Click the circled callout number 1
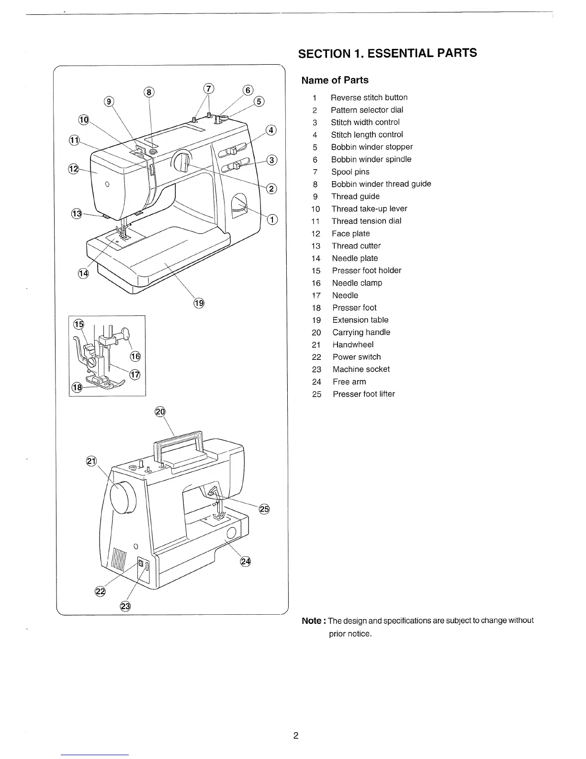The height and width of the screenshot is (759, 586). click(272, 220)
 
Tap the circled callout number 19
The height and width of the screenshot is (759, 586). click(199, 303)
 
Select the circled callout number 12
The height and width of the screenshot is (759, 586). click(73, 169)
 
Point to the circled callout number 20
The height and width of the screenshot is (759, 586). click(160, 412)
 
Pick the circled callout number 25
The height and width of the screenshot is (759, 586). click(264, 509)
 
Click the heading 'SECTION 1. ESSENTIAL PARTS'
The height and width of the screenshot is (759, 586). click(387, 53)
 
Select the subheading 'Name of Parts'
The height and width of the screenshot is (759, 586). click(335, 80)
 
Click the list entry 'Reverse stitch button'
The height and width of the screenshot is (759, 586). click(369, 98)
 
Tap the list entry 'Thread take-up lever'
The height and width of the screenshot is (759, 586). click(369, 209)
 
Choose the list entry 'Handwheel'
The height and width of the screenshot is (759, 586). click(353, 345)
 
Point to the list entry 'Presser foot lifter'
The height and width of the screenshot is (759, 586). click(363, 394)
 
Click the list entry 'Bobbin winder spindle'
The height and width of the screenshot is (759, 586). click(371, 159)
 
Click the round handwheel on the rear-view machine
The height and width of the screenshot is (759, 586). click(124, 497)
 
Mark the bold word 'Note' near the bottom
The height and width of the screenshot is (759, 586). click(311, 621)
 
